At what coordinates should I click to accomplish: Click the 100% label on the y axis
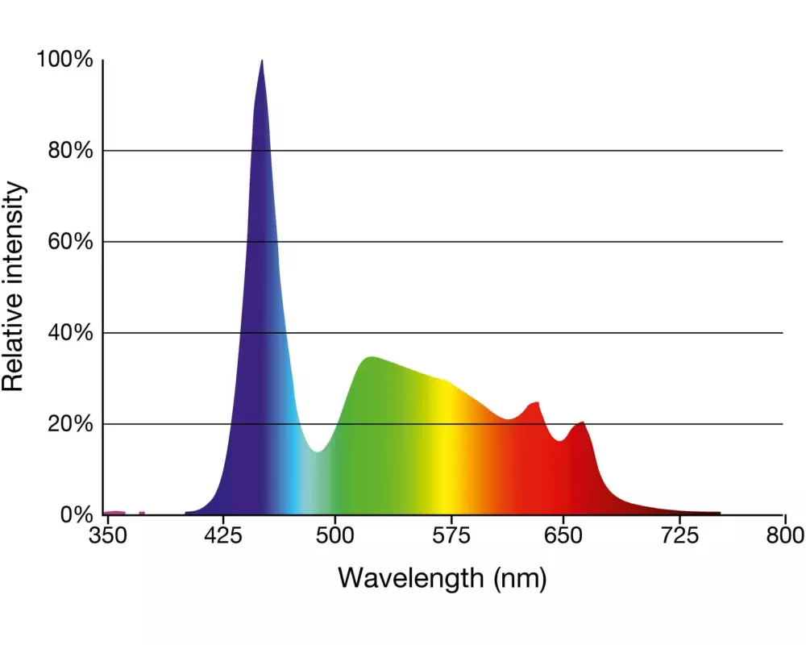(x=64, y=60)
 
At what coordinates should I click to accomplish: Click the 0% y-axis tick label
(x=77, y=514)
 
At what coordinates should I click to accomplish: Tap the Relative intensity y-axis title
(x=14, y=287)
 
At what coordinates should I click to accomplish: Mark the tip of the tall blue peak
(x=262, y=61)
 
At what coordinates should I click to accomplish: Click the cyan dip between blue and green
(x=318, y=450)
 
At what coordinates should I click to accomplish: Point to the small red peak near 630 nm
(x=534, y=404)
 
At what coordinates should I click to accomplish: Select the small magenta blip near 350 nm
(x=114, y=513)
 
